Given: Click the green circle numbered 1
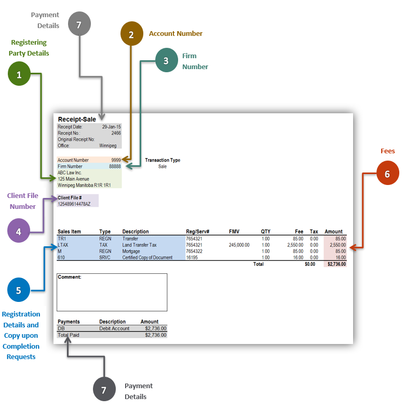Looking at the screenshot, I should coord(19,74).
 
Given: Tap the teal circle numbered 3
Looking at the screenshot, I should coord(166,60).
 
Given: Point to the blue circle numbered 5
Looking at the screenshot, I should coord(19,290).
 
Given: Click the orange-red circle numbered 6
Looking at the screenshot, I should coord(387,174).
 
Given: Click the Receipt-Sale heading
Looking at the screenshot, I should coord(77,120).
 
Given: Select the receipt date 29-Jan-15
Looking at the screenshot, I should coord(112,127).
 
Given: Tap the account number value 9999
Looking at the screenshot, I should coord(116,160).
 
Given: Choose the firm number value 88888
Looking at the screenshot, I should coord(115,166).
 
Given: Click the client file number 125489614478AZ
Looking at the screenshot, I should coord(74,204).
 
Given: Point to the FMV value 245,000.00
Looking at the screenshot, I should coord(239,245).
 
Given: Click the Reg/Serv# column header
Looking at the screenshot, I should coord(197,232).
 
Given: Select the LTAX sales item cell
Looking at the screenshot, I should coord(63,245).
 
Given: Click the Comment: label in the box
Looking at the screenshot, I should coord(70,277).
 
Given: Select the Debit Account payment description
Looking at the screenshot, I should coord(115,328).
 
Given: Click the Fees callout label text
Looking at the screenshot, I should coord(387,151).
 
